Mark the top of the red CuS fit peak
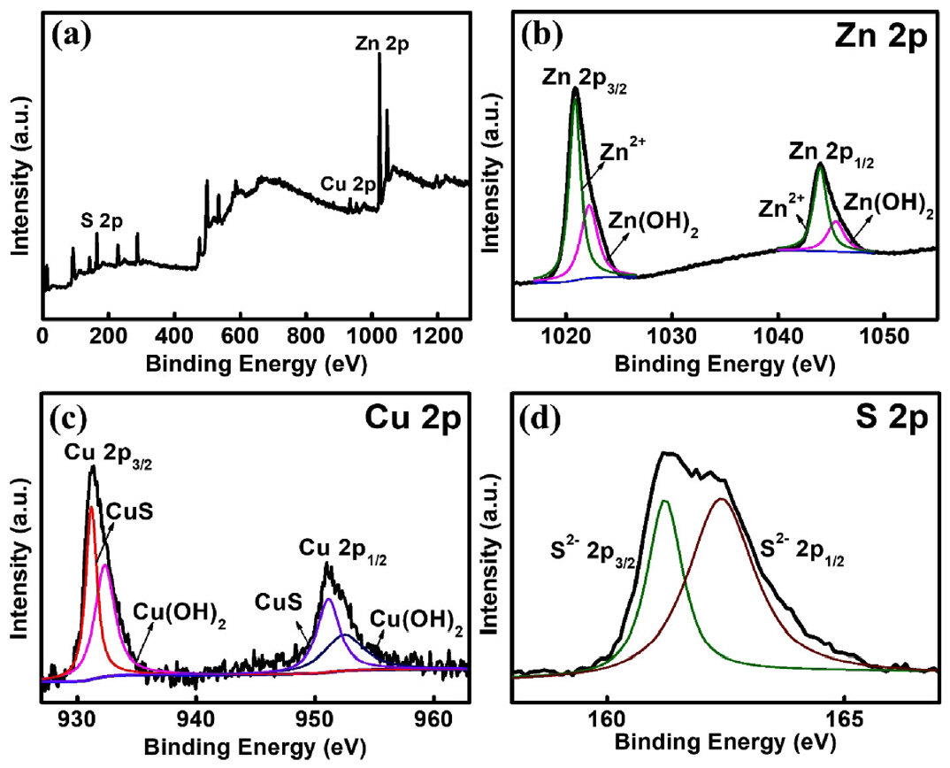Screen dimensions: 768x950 (92, 507)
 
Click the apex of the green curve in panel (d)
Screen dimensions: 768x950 (665, 501)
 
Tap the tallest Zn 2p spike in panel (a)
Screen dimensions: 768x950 (379, 55)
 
